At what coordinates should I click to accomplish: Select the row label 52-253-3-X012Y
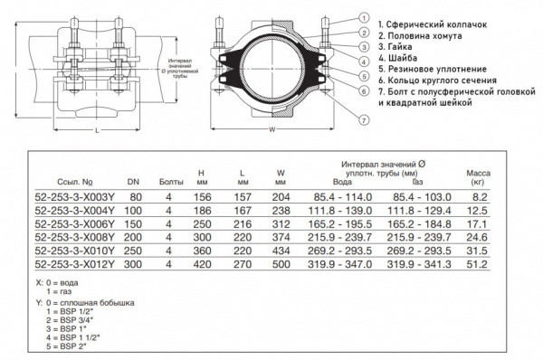73,265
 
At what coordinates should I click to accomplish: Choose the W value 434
281,251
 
